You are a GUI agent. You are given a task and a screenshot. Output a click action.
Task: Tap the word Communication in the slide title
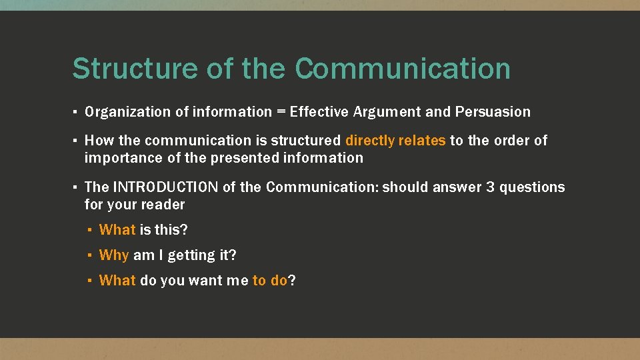tap(403, 69)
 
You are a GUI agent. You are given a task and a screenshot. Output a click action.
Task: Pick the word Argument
tap(385, 112)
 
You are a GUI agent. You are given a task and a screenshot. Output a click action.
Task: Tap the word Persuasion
tap(493, 112)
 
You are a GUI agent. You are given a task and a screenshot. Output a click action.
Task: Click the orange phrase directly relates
tap(395, 141)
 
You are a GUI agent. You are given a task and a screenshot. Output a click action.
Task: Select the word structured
tap(309, 141)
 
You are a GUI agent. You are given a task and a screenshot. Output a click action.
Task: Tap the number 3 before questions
tap(491, 187)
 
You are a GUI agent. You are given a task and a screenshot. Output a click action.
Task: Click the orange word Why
tap(114, 255)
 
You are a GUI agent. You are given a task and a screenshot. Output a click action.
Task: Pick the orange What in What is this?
tap(117, 230)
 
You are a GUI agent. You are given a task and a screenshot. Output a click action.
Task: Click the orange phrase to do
tap(270, 281)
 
